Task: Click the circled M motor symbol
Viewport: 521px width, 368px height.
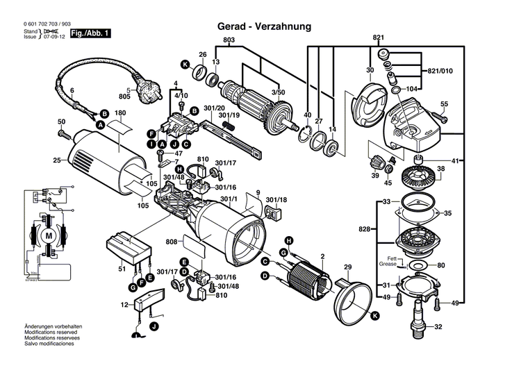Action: (48, 236)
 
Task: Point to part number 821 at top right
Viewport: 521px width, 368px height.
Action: (378, 37)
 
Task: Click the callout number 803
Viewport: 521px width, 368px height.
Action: (229, 40)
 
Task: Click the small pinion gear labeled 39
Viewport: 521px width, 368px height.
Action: (376, 165)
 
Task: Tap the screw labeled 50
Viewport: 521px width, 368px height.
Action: (63, 131)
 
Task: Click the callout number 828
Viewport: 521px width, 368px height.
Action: (363, 228)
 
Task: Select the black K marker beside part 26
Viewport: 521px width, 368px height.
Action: (185, 65)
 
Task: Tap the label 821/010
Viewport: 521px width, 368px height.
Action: (438, 71)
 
